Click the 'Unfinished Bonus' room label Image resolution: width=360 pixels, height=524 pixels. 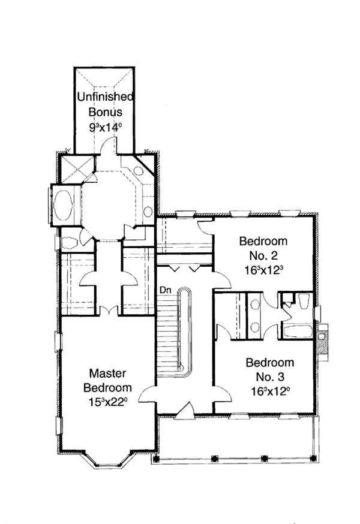click(106, 104)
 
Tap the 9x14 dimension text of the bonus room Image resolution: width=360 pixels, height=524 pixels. click(106, 127)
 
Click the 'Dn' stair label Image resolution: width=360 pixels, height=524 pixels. click(166, 290)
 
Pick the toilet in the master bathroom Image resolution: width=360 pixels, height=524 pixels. click(69, 242)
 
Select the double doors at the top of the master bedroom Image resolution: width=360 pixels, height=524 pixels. click(107, 311)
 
